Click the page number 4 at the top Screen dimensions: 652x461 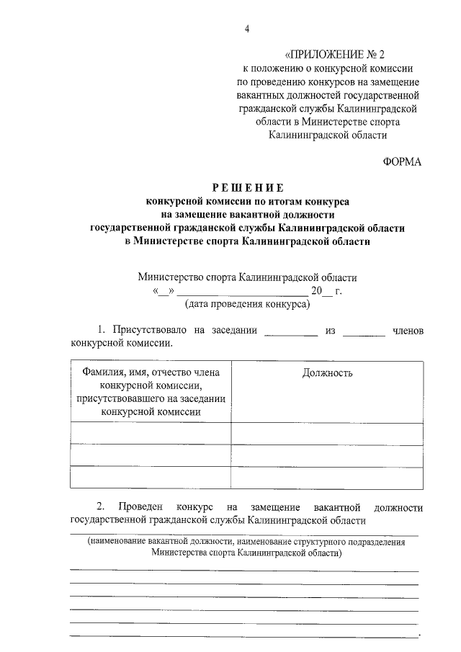click(x=247, y=29)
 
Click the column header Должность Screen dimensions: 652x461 click(x=327, y=373)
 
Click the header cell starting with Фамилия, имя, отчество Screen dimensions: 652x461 click(x=151, y=392)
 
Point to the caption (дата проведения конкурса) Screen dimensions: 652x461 click(x=247, y=304)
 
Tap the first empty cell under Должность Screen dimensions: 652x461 click(x=327, y=433)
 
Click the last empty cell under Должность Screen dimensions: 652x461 click(x=327, y=478)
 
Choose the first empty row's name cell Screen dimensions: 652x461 click(x=151, y=433)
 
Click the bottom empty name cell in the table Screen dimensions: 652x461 click(x=151, y=478)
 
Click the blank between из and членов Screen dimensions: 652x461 click(x=364, y=331)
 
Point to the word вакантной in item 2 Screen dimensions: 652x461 click(x=339, y=507)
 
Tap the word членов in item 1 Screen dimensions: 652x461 click(x=407, y=330)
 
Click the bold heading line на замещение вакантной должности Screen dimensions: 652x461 click(x=247, y=215)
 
